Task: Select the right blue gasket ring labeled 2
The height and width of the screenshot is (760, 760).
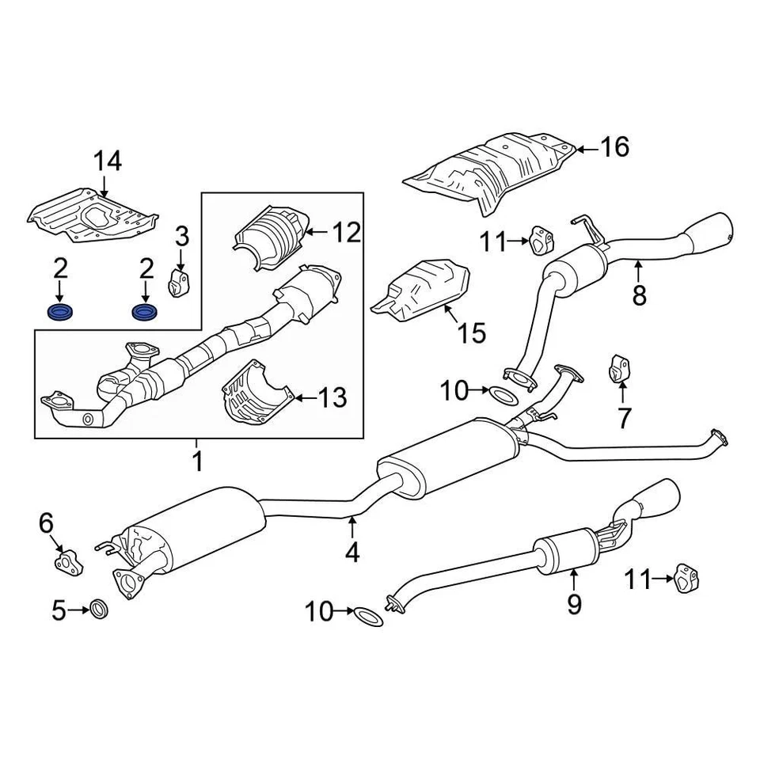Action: coord(144,312)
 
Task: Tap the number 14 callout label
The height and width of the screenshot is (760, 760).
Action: coord(108,161)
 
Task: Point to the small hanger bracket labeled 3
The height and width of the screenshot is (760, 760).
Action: coord(180,283)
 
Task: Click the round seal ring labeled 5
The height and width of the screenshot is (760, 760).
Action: coord(99,610)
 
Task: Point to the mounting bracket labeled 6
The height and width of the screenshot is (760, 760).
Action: coord(68,560)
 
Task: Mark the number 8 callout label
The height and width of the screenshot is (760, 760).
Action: coord(639,294)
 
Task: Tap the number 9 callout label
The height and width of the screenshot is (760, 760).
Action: coord(574,604)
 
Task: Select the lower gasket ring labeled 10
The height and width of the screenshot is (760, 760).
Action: coord(367,614)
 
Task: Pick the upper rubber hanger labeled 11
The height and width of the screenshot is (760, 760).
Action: coord(541,240)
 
